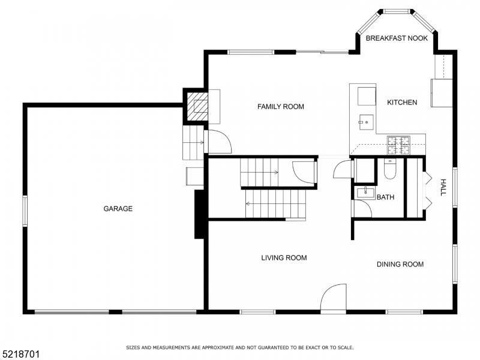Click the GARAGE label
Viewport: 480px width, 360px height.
tap(118, 209)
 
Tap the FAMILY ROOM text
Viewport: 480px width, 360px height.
tap(280, 107)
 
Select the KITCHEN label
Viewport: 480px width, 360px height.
tap(401, 103)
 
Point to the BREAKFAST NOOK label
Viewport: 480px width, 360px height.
tap(397, 38)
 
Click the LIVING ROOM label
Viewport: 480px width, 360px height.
tap(284, 258)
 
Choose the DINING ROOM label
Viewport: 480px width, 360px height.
tap(400, 264)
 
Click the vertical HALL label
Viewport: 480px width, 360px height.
tap(443, 187)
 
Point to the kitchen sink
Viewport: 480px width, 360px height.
tap(364, 122)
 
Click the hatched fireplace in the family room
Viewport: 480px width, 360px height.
tap(196, 107)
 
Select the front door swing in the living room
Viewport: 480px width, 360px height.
tap(334, 298)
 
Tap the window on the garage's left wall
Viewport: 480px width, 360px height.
tap(25, 211)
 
